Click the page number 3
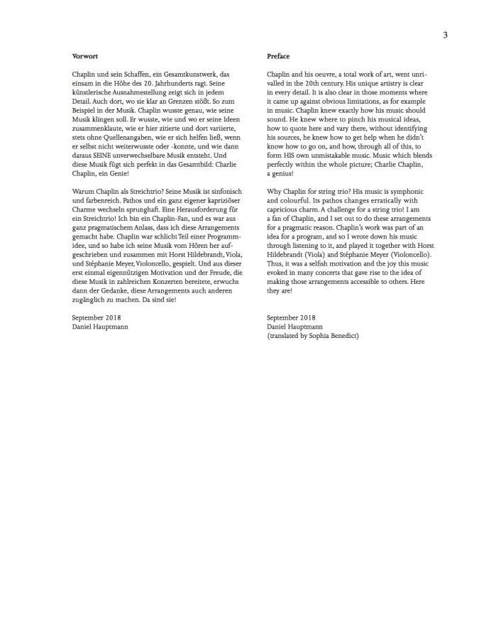click(x=445, y=35)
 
